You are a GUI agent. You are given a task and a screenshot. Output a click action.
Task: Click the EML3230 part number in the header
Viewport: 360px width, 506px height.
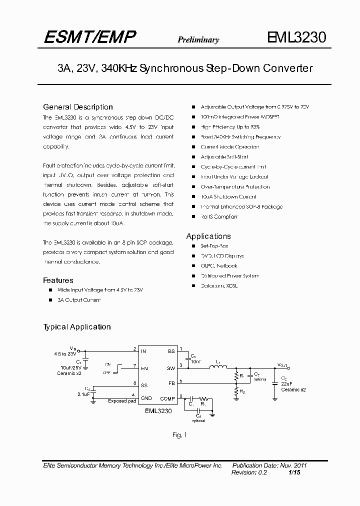tap(296, 38)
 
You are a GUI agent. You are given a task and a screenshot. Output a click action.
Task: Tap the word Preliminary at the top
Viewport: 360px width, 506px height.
tap(198, 40)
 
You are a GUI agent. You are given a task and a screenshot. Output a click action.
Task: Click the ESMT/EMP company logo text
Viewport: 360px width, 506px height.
tap(90, 37)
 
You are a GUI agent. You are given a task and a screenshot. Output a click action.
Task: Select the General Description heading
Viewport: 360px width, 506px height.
tap(78, 107)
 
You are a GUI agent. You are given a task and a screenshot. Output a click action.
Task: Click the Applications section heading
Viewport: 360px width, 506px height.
tap(208, 236)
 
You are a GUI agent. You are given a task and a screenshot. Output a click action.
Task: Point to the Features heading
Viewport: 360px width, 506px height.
tap(58, 280)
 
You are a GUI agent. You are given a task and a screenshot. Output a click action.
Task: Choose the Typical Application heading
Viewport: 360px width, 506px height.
tap(77, 327)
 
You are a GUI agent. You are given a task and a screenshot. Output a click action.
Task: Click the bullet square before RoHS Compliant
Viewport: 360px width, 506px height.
tap(193, 216)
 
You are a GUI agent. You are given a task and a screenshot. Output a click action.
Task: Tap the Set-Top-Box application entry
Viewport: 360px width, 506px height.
tap(214, 246)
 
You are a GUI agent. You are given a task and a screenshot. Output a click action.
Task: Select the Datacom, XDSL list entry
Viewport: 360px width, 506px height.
tap(219, 285)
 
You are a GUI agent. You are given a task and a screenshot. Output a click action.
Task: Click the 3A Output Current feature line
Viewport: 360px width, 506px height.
tap(79, 300)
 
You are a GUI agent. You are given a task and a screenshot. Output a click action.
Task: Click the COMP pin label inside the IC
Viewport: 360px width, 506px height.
tap(167, 398)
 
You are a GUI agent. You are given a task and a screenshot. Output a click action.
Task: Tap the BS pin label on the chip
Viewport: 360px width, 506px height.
tap(171, 351)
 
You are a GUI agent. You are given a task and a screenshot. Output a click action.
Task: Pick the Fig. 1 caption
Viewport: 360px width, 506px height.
tap(179, 435)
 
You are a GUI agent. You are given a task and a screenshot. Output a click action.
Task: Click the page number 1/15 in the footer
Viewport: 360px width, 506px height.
tap(295, 472)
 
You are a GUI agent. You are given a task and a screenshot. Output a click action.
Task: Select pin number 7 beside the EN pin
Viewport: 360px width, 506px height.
tap(134, 365)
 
